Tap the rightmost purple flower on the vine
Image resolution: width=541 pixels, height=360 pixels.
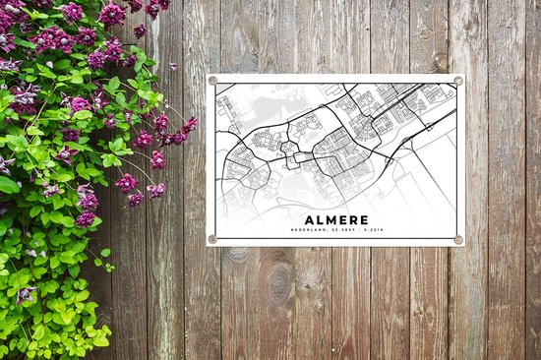pos(189,125)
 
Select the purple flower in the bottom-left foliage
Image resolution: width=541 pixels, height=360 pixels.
pos(26,293)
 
